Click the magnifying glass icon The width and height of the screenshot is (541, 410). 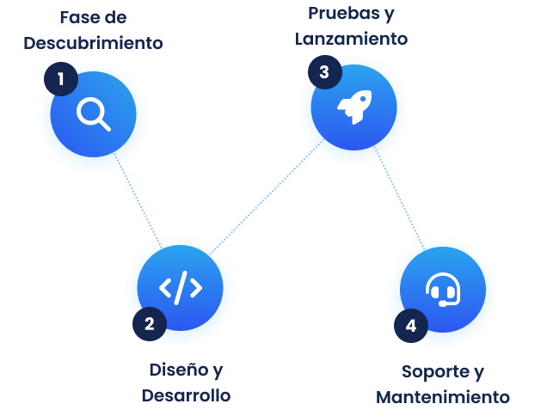93,114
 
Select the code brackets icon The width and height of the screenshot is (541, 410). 181,288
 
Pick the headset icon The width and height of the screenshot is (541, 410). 443,291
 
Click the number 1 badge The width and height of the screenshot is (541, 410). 60,79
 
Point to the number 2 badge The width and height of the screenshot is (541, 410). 150,323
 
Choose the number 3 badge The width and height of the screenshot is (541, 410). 323,72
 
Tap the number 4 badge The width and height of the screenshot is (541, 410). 411,326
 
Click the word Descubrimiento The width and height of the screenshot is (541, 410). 93,43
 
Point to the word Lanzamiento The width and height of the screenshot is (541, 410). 351,39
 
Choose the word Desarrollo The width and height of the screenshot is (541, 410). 186,395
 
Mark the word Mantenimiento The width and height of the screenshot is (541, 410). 443,397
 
